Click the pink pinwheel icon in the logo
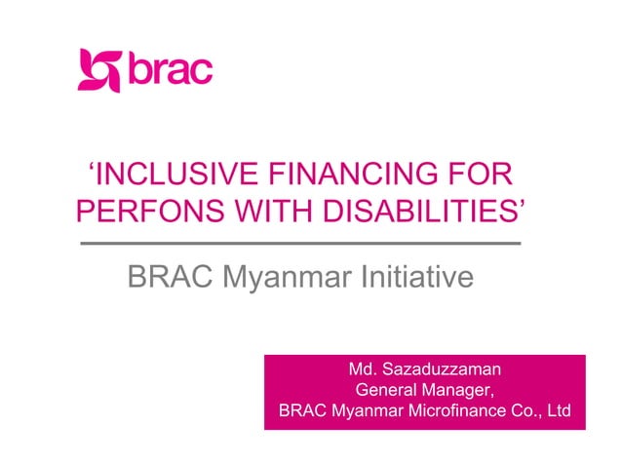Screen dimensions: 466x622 click(x=100, y=70)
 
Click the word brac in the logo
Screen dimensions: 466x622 click(x=170, y=70)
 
